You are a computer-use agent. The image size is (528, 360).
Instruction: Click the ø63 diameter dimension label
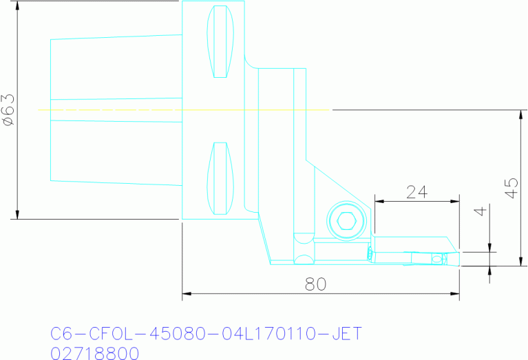click(9, 110)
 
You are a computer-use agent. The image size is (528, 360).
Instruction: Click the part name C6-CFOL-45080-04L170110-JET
click(206, 334)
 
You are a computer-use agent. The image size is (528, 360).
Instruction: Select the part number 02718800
click(95, 353)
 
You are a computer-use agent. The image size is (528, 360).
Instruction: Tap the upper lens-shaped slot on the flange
click(220, 41)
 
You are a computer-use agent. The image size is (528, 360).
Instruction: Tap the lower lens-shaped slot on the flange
click(220, 178)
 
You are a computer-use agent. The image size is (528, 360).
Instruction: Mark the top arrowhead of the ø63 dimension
click(16, 6)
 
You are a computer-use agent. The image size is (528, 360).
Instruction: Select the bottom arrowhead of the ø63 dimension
click(16, 214)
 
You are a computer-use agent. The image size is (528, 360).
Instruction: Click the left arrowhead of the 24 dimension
click(379, 202)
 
